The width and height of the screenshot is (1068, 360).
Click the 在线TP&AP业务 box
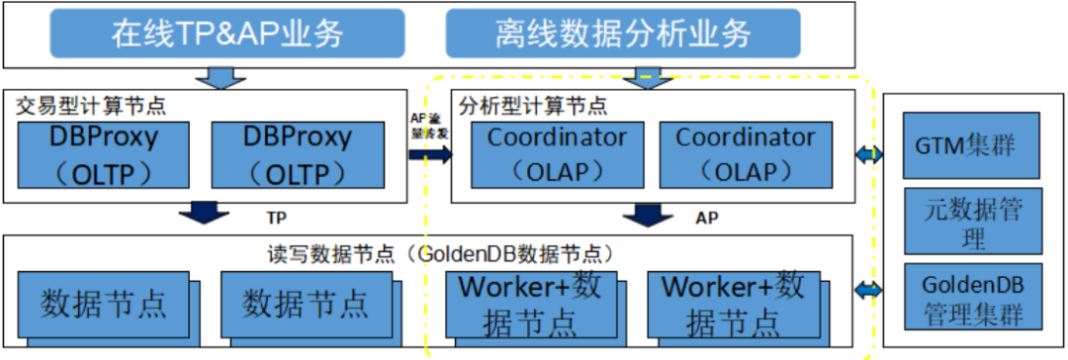coord(226,35)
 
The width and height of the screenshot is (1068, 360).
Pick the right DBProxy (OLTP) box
coord(297,155)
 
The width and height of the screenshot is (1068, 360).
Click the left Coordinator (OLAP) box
coord(557,155)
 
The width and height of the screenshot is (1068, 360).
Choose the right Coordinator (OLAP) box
coord(745,155)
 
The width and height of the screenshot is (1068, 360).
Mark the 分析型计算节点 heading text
coord(530,103)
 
